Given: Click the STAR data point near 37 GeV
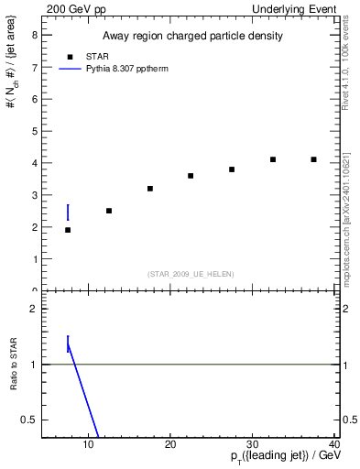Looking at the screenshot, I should tap(313, 159).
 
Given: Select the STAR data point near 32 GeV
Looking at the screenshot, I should tap(273, 159).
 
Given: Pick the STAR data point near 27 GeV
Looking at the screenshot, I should tap(232, 169).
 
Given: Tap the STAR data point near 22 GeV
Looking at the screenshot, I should tap(191, 176).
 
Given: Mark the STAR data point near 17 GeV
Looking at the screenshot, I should tap(149, 189).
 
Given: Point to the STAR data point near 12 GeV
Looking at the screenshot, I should tap(109, 211).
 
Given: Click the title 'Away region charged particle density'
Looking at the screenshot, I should tap(191, 37).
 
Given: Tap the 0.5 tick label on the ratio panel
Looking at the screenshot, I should tap(30, 420).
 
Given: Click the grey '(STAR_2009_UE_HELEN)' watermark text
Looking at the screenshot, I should tap(191, 274).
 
